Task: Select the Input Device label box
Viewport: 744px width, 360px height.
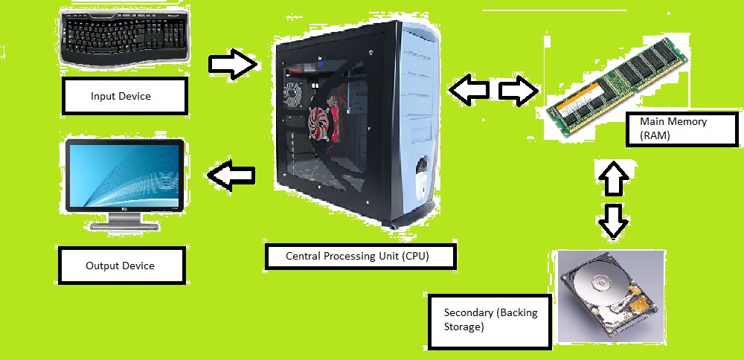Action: [121, 96]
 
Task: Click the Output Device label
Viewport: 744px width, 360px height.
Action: [121, 266]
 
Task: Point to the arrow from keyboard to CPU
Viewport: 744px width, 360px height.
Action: [232, 64]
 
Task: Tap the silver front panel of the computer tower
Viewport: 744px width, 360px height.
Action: [417, 112]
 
